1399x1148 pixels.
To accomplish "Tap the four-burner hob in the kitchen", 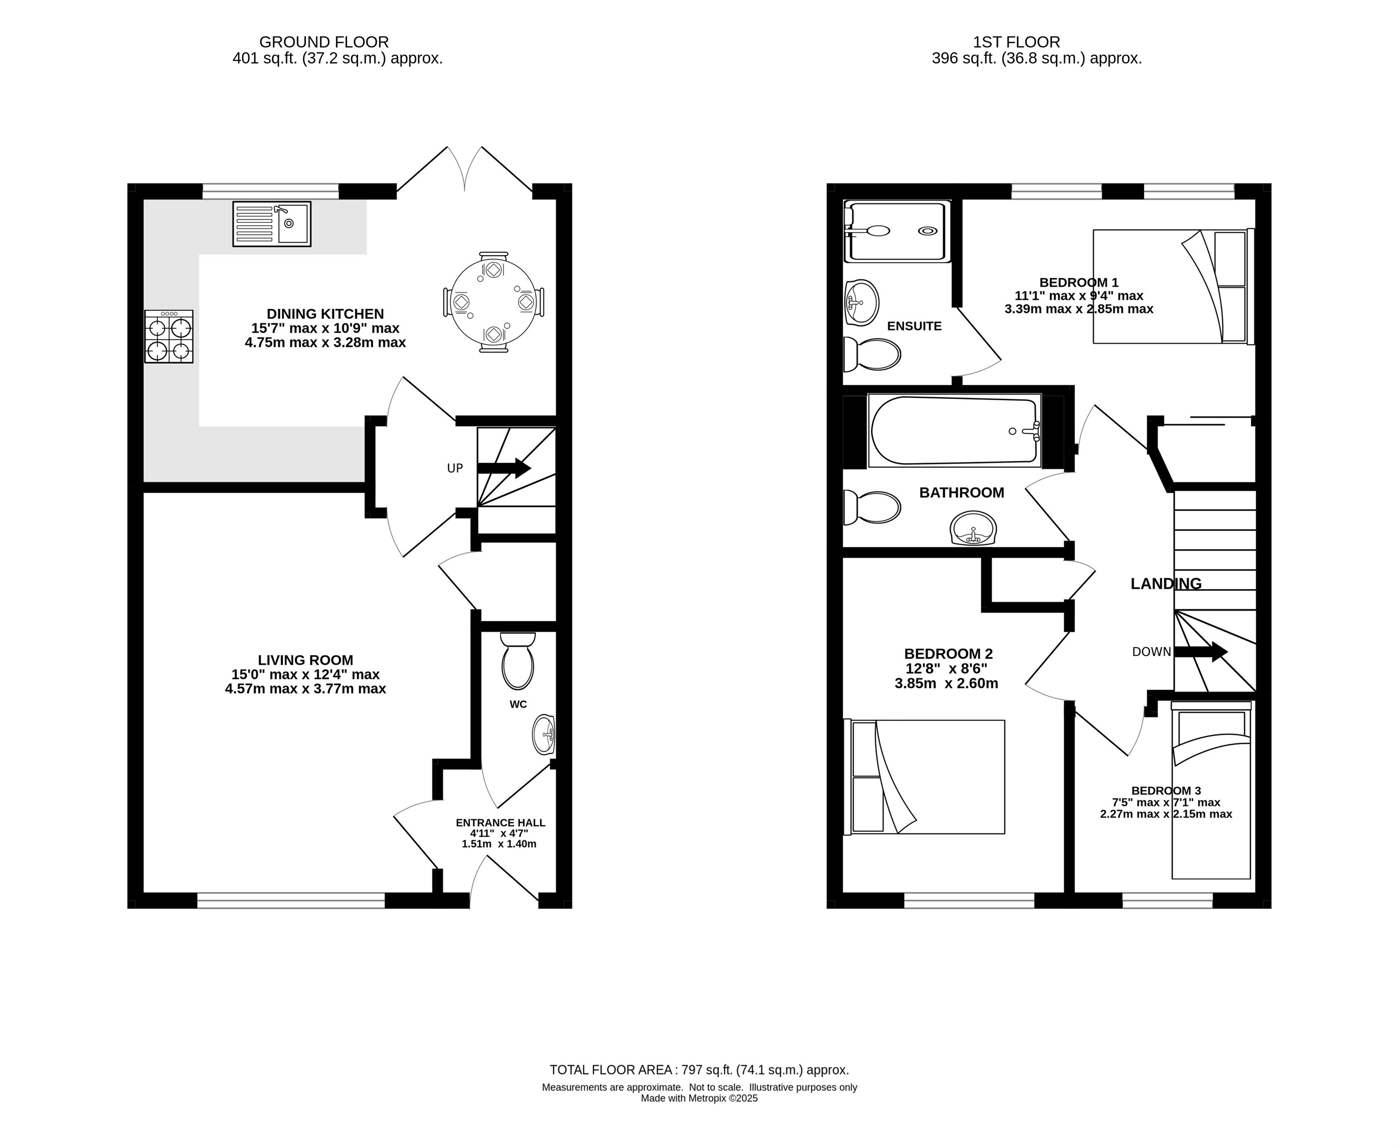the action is click(169, 337).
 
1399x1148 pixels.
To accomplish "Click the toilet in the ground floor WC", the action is click(518, 661).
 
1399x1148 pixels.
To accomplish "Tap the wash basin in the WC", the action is click(544, 734).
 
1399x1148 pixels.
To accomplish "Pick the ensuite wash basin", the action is click(861, 302).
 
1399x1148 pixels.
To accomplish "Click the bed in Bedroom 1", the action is click(1173, 286).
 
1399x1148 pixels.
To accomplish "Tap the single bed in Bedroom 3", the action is click(1211, 790).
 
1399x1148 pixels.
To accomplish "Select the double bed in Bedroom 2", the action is click(924, 777).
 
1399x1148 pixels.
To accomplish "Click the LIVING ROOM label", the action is click(306, 660).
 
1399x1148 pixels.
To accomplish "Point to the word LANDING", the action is click(1165, 583).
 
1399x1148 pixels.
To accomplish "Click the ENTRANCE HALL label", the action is click(501, 823).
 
